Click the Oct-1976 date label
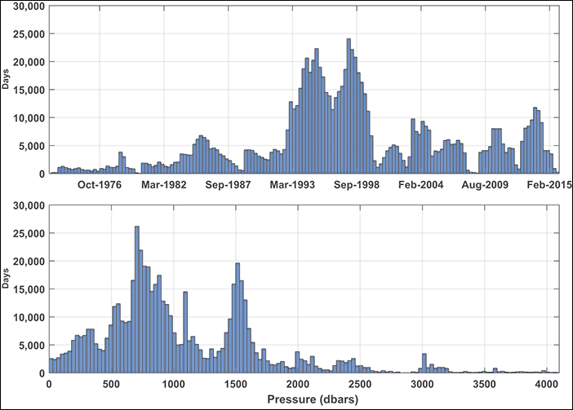coord(100,185)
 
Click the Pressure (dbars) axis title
coord(303,399)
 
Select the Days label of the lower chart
coord(7,280)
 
